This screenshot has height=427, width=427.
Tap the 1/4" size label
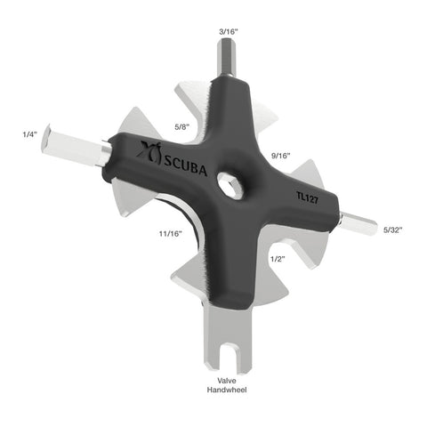[x=30, y=135]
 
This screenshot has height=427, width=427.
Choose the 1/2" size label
[x=278, y=258]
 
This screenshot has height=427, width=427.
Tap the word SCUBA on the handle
[x=183, y=165]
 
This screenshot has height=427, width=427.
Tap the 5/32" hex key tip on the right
[x=360, y=224]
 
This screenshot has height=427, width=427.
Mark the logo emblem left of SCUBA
[x=147, y=155]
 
